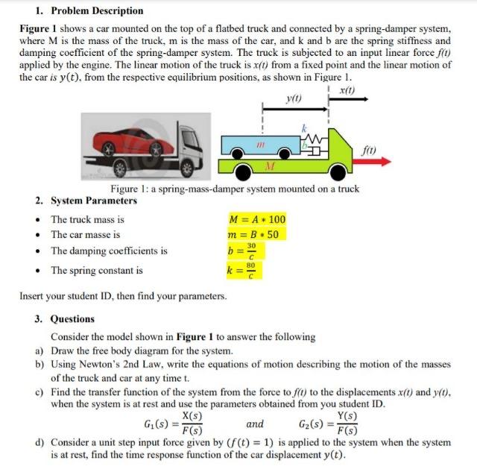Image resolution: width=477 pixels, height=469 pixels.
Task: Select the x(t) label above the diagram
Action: (x=347, y=90)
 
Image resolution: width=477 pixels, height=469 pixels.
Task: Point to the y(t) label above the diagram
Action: (x=294, y=98)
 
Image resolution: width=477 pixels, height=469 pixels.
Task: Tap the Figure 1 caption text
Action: (x=235, y=189)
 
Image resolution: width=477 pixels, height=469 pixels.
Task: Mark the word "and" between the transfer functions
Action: (x=254, y=424)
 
